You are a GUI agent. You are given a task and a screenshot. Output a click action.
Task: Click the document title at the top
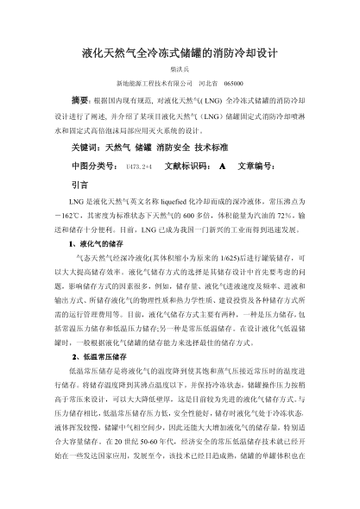(179, 52)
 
